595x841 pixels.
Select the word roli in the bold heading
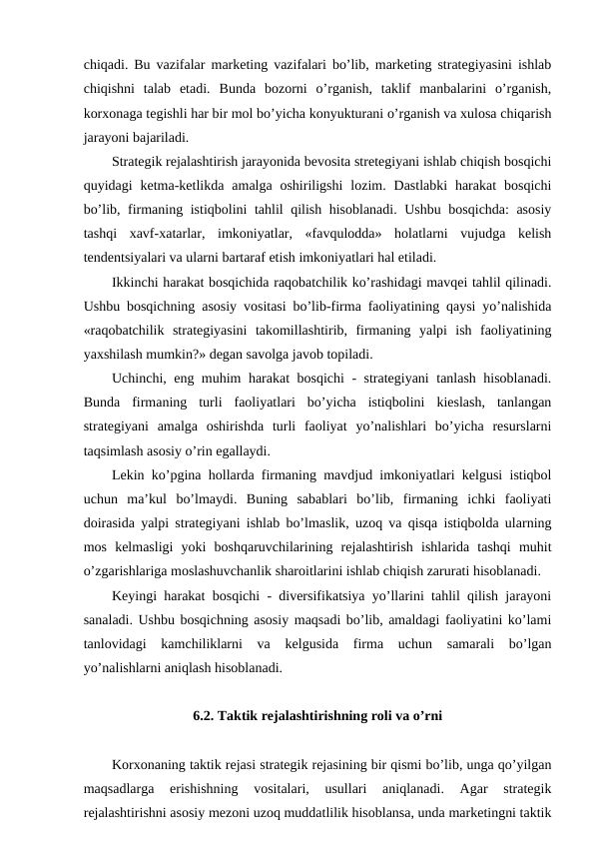point(373,716)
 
